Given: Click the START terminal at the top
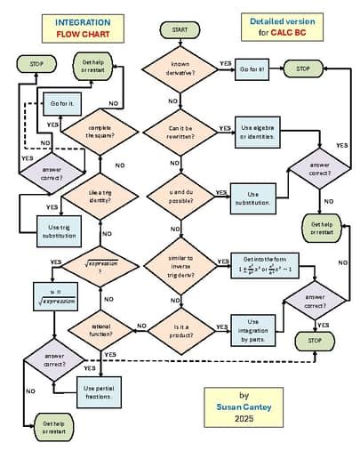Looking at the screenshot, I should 173,30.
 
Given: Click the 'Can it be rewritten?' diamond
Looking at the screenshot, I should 174,133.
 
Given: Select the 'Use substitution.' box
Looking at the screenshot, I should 252,197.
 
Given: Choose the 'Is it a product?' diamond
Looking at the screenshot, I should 174,328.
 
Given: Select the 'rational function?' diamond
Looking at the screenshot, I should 100,328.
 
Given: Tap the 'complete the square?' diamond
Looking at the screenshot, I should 100,132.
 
